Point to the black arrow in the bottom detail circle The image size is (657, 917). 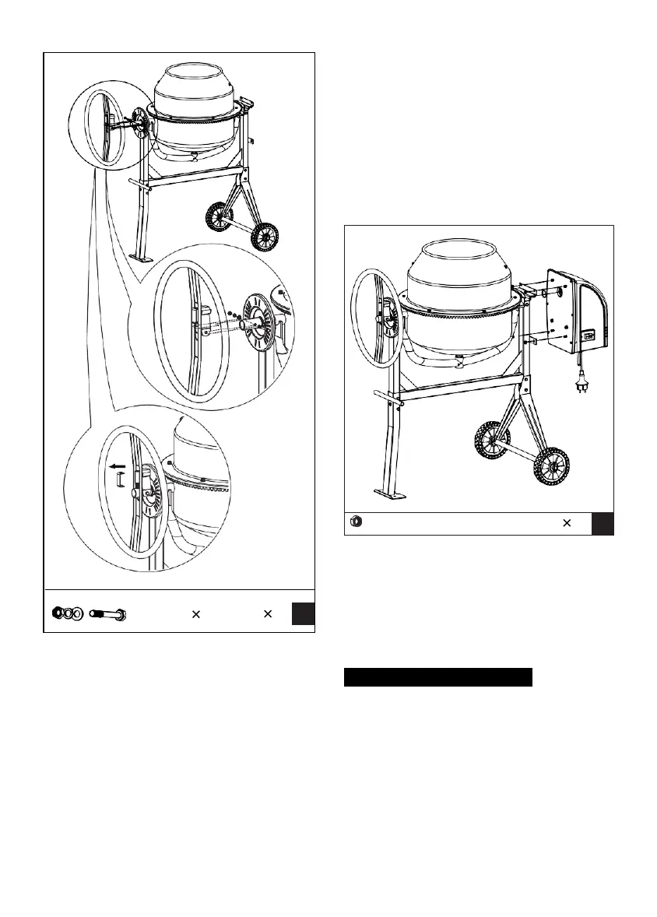pyautogui.click(x=118, y=468)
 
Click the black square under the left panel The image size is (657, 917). pyautogui.click(x=304, y=614)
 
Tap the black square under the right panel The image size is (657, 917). pyautogui.click(x=603, y=524)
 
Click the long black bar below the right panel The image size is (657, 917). pyautogui.click(x=437, y=676)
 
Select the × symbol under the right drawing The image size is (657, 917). pyautogui.click(x=567, y=524)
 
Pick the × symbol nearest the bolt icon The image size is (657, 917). pyautogui.click(x=196, y=614)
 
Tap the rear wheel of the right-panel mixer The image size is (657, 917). pyautogui.click(x=489, y=441)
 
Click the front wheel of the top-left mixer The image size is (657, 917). pyautogui.click(x=265, y=236)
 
